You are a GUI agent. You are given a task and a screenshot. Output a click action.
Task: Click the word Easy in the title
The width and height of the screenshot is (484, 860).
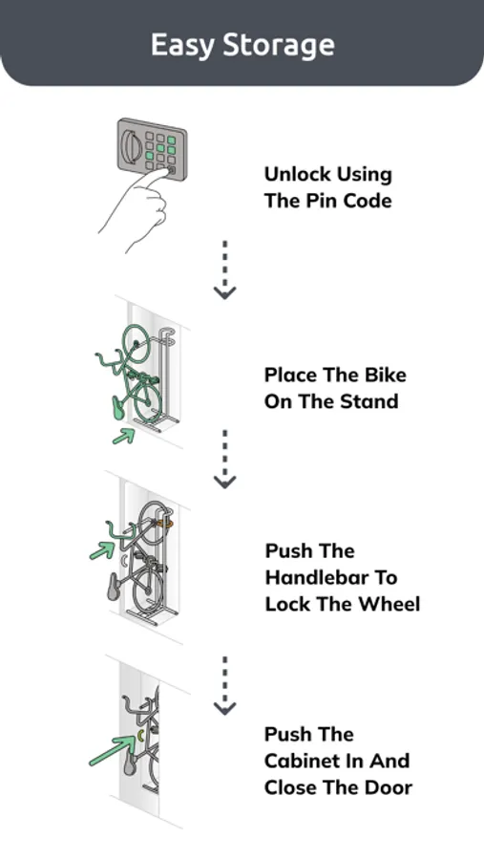pyautogui.click(x=182, y=45)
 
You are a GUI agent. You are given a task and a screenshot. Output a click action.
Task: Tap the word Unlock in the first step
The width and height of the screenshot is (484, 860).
pyautogui.click(x=297, y=175)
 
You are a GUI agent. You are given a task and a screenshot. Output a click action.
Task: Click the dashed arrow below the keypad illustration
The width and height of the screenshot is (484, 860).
pyautogui.click(x=224, y=269)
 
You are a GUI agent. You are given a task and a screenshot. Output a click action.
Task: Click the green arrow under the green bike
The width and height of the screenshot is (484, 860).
pyautogui.click(x=124, y=436)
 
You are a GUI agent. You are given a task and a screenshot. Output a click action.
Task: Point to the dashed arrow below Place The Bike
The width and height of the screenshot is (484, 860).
pyautogui.click(x=224, y=459)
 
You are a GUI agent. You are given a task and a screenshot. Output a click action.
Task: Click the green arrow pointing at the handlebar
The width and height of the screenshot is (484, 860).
pyautogui.click(x=102, y=550)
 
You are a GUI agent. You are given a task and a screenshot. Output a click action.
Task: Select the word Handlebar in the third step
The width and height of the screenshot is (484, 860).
pyautogui.click(x=331, y=577)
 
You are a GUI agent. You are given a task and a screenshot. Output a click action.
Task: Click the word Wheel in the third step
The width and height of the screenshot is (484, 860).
pyautogui.click(x=389, y=604)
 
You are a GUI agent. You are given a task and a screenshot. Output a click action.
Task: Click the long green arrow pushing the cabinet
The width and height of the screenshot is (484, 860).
pyautogui.click(x=113, y=751)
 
